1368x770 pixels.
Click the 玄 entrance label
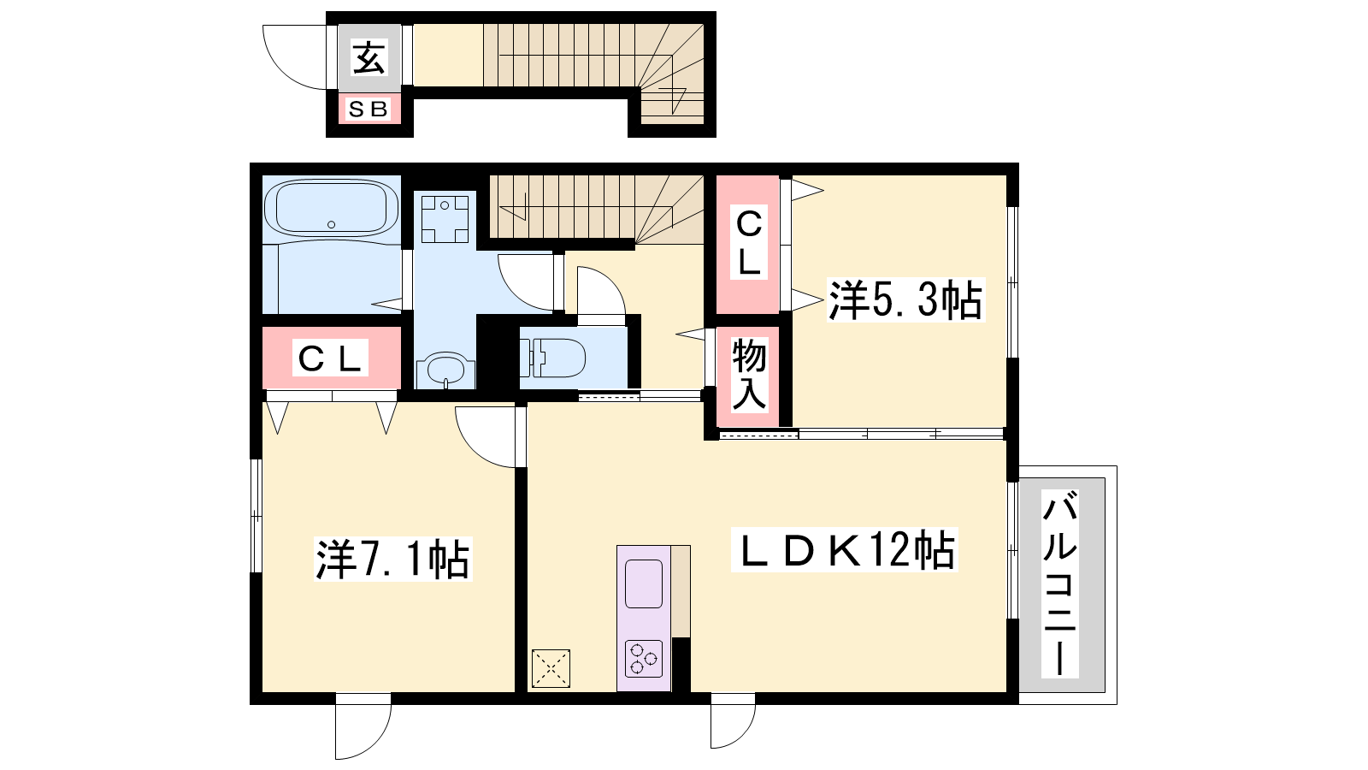tap(369, 57)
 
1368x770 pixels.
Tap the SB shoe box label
tap(369, 110)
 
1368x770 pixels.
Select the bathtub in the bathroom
tap(331, 208)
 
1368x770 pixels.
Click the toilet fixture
tap(552, 358)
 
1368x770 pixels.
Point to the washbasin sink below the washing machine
tap(445, 370)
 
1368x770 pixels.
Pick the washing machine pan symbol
tap(445, 219)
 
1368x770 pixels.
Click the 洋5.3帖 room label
tap(905, 299)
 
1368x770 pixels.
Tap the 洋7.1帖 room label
tap(392, 559)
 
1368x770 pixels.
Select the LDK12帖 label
tap(844, 550)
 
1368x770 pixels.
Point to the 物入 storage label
tap(749, 374)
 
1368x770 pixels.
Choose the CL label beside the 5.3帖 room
tap(749, 243)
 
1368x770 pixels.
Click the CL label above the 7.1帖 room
tap(330, 358)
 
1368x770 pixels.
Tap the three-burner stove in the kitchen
tap(644, 658)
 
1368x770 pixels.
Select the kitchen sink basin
tap(644, 583)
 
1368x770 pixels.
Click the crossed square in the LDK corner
tap(551, 668)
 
